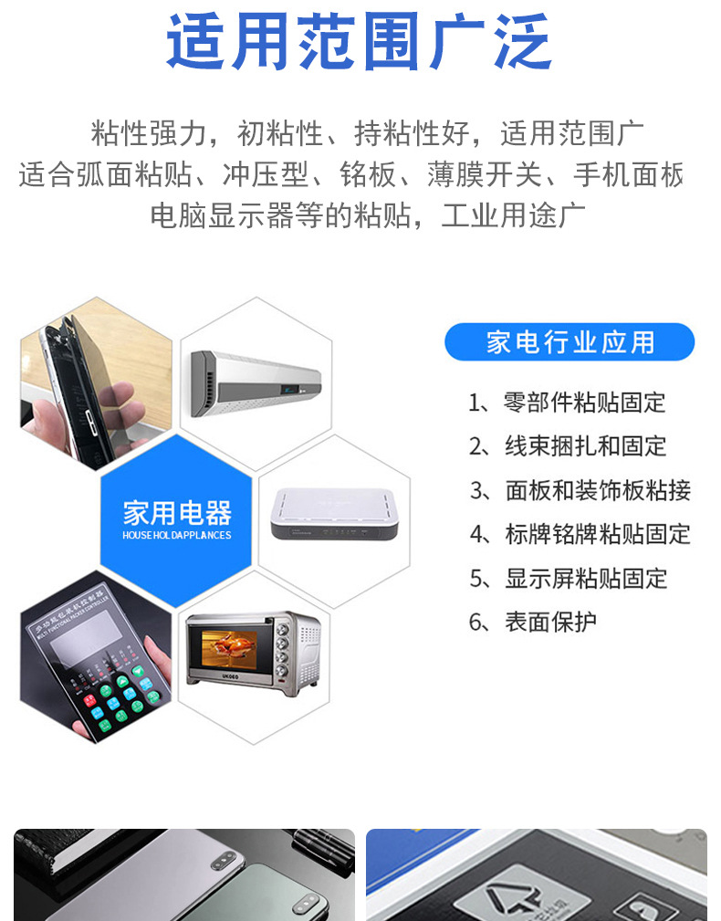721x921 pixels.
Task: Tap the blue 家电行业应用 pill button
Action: point(569,342)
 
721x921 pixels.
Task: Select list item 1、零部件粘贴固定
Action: point(567,402)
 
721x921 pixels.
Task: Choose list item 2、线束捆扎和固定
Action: point(567,445)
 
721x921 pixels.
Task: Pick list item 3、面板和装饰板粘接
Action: point(580,490)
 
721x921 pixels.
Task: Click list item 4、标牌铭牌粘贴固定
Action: point(580,534)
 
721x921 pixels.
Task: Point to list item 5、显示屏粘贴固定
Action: point(568,578)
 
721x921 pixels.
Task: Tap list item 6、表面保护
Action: point(532,622)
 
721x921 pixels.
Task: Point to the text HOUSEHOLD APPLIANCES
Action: point(177,535)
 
